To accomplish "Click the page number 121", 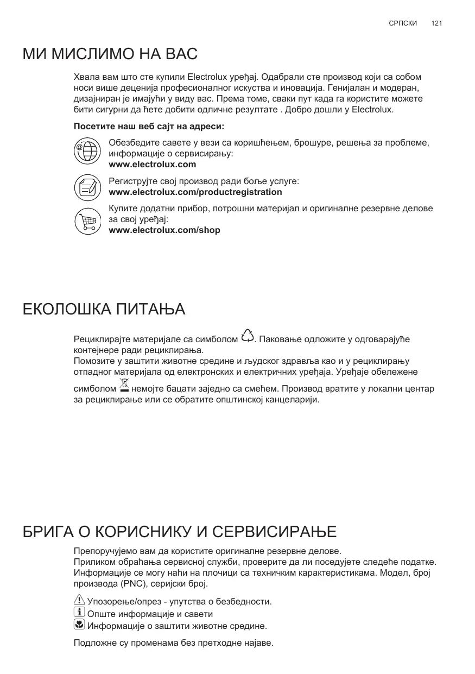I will [436, 23].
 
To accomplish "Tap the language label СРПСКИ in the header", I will [403, 23].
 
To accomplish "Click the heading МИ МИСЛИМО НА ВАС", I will [110, 54].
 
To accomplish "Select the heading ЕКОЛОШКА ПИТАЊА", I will [104, 310].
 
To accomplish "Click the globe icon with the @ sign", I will [87, 151].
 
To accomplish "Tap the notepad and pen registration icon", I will [87, 187].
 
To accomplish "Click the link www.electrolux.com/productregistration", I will [195, 192].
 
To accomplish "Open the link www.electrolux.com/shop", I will [164, 230].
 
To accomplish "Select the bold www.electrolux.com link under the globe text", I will [153, 165].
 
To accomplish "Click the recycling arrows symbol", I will [247, 336].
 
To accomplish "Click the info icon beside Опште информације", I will [79, 613].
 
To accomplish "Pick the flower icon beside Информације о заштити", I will [79, 625].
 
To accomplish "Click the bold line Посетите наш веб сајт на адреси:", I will [149, 127].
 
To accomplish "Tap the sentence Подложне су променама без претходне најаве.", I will [173, 644].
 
